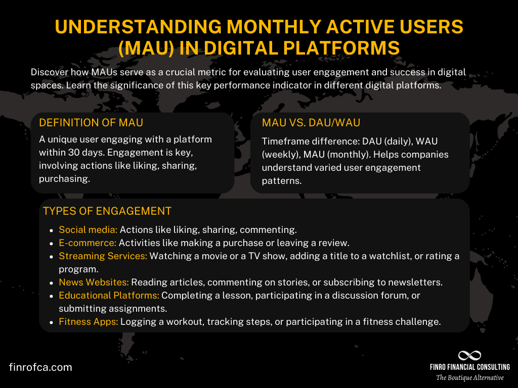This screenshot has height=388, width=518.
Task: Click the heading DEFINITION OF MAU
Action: pyautogui.click(x=91, y=123)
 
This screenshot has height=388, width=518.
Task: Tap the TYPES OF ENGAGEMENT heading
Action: pyautogui.click(x=107, y=211)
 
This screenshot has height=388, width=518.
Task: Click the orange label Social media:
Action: pyautogui.click(x=88, y=230)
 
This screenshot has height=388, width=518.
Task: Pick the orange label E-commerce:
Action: pyautogui.click(x=88, y=243)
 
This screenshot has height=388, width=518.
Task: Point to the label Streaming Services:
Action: pyautogui.click(x=103, y=256)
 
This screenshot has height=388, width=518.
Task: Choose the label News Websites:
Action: pyautogui.click(x=94, y=282)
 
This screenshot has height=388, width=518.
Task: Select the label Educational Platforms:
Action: pyautogui.click(x=109, y=296)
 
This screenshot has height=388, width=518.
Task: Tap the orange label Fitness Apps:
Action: pyautogui.click(x=89, y=322)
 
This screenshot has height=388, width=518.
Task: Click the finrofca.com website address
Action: pyautogui.click(x=40, y=367)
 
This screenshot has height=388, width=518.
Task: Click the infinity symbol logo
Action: pyautogui.click(x=469, y=356)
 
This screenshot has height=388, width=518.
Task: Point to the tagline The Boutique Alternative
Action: pyautogui.click(x=470, y=378)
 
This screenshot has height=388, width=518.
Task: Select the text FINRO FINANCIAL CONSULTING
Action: pyautogui.click(x=469, y=367)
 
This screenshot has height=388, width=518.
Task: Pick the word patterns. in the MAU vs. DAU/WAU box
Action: pyautogui.click(x=281, y=180)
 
